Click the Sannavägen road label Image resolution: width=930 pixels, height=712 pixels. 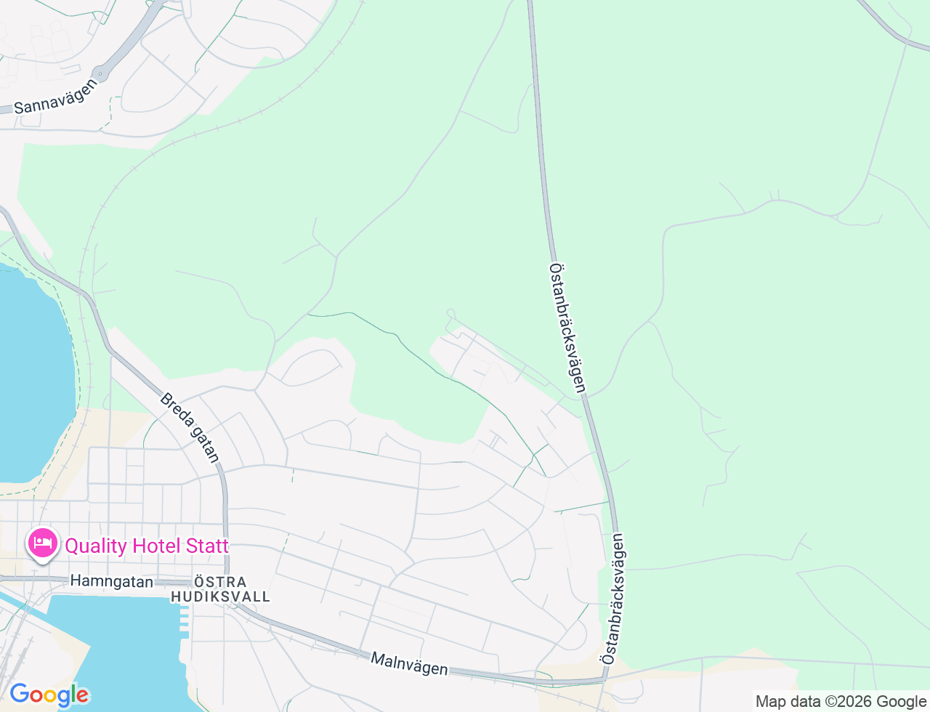click(x=55, y=97)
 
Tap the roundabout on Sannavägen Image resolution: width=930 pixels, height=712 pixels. click(x=101, y=73)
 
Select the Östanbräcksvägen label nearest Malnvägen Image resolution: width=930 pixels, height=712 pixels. click(x=613, y=599)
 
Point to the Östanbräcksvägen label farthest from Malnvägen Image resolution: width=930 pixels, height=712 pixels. click(x=567, y=328)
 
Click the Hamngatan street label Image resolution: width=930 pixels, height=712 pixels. click(x=111, y=581)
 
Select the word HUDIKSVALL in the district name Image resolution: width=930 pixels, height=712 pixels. click(x=220, y=596)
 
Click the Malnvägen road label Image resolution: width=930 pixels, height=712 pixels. click(x=409, y=663)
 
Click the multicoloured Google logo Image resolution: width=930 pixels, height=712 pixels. click(x=49, y=695)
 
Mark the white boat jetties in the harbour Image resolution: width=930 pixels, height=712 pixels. click(x=184, y=618)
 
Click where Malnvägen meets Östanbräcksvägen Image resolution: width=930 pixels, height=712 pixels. click(x=604, y=680)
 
